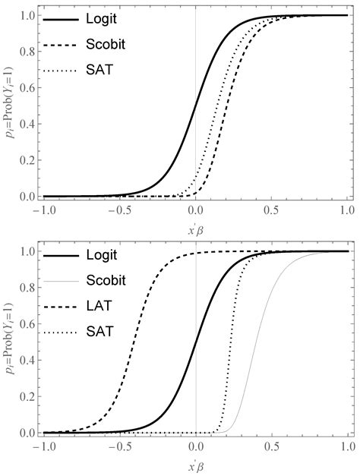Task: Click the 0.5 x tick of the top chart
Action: coord(272,210)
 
